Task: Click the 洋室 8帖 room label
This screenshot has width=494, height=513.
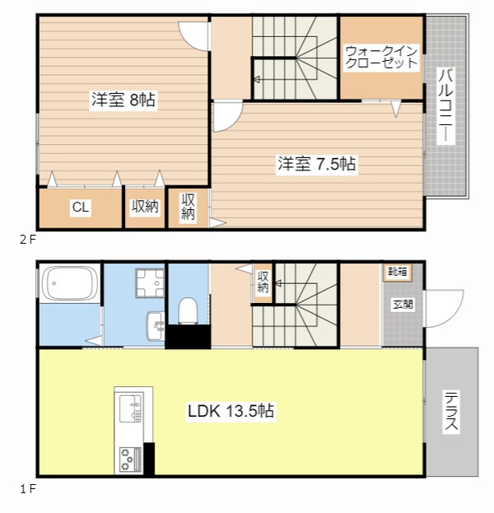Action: click(123, 100)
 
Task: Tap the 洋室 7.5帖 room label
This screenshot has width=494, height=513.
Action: click(317, 164)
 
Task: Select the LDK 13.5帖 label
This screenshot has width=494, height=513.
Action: click(231, 411)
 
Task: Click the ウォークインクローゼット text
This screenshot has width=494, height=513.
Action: click(381, 58)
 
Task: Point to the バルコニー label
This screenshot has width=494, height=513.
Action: click(445, 106)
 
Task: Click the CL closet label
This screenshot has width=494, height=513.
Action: click(81, 208)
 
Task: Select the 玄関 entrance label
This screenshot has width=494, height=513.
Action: click(403, 305)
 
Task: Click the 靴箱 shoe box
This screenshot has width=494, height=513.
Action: click(398, 272)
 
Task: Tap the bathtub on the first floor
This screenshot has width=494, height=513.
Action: click(69, 283)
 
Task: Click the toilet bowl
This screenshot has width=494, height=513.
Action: click(188, 310)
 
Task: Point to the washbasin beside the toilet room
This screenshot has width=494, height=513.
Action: click(156, 326)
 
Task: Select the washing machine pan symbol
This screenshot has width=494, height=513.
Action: click(151, 282)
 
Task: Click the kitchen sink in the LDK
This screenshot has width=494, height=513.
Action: click(131, 408)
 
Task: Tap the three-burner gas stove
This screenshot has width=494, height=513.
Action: click(131, 459)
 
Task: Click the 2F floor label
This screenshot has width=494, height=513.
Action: click(27, 240)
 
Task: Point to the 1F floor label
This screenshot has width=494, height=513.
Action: click(27, 489)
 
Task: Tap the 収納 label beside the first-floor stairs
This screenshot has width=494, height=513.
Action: click(263, 282)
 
